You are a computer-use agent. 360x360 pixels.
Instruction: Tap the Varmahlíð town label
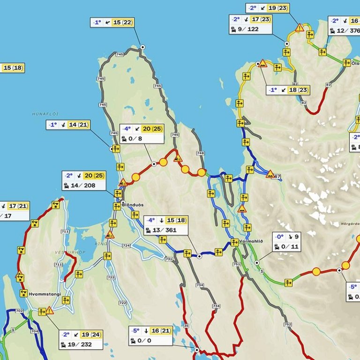(x=251, y=241)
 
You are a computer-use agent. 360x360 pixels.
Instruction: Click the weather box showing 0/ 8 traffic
(x=142, y=134)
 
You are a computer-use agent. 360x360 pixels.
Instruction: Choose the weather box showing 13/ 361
(x=165, y=225)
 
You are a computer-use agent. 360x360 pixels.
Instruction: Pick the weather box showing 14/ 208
(x=84, y=180)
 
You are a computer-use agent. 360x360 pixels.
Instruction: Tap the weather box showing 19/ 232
(x=81, y=339)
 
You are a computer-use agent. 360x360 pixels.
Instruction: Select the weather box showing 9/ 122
(x=250, y=24)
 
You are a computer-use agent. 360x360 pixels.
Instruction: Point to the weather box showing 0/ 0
(x=150, y=336)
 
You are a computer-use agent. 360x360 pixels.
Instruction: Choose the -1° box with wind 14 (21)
(x=68, y=125)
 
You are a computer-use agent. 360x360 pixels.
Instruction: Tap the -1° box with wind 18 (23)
(x=288, y=90)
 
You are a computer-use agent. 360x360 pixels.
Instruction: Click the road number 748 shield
(x=201, y=153)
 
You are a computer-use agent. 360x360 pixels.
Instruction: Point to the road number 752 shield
(x=287, y=324)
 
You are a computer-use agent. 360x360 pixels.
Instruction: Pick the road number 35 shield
(x=186, y=325)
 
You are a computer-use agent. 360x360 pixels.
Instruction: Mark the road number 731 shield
(x=169, y=259)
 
